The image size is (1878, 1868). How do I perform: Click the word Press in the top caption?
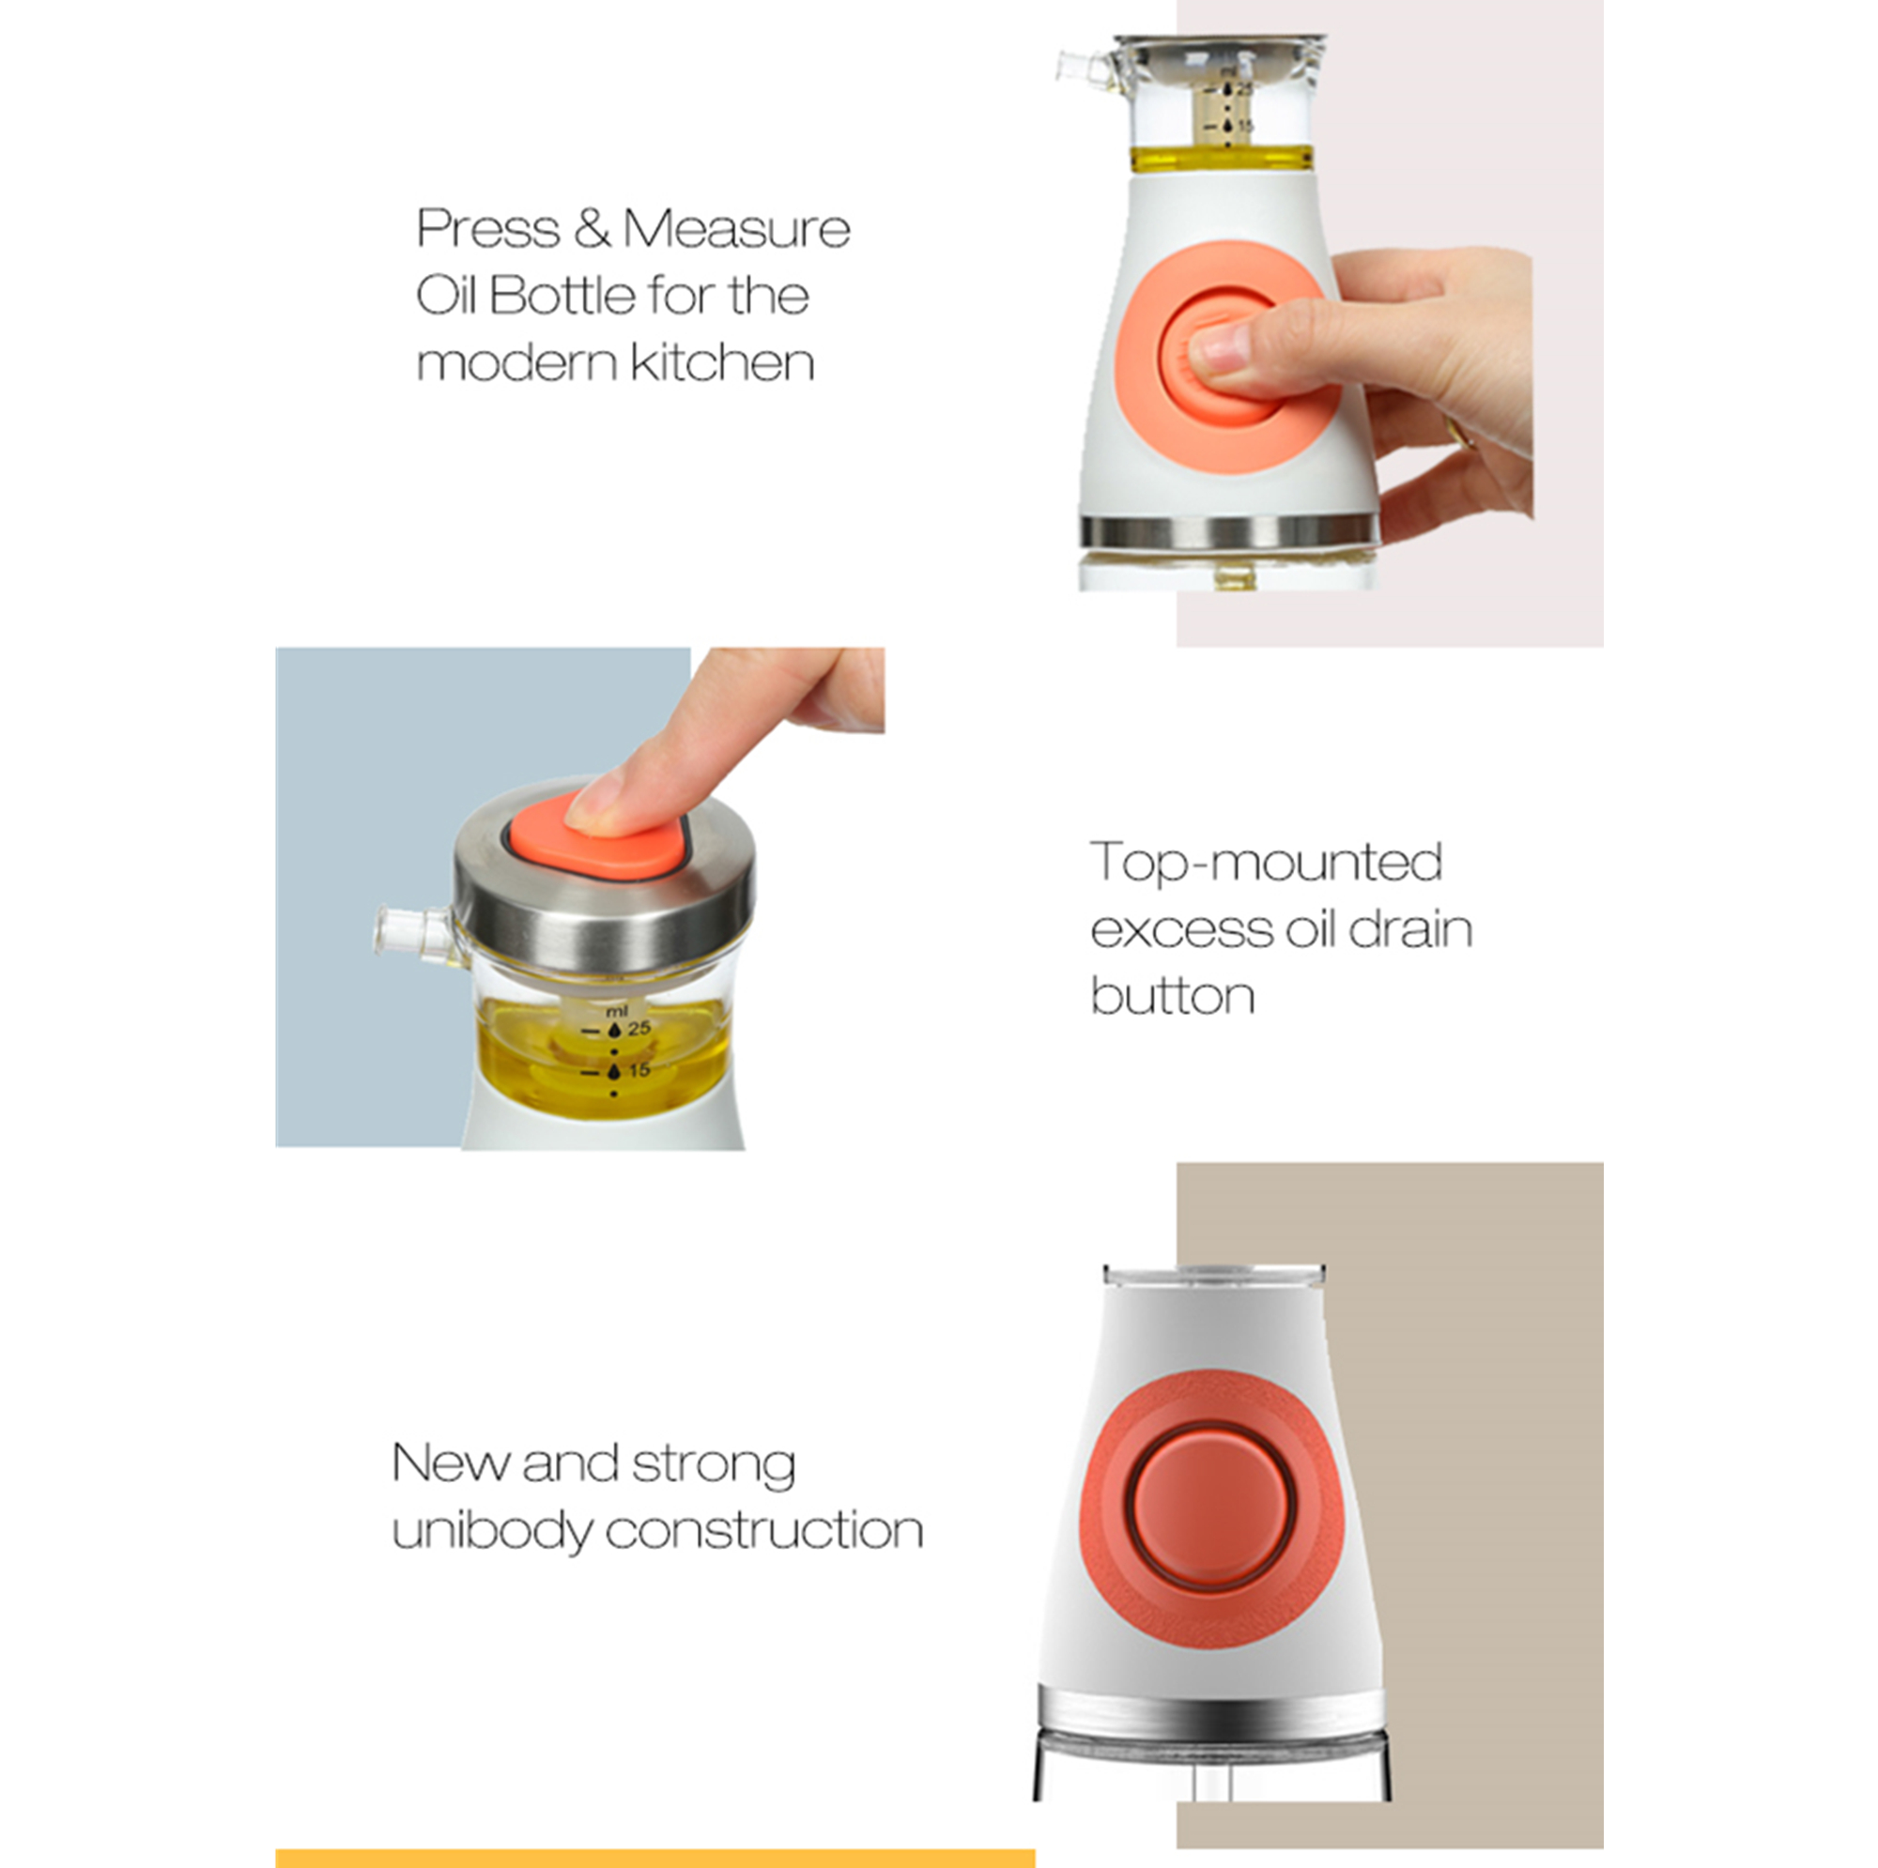(x=488, y=229)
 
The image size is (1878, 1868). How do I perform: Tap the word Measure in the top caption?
(x=736, y=229)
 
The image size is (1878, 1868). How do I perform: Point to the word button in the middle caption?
(x=1172, y=995)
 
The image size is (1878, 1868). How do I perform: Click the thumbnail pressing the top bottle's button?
(x=1219, y=349)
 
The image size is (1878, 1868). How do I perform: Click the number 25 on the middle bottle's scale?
(x=639, y=1028)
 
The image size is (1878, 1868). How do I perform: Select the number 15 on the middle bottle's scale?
(x=639, y=1070)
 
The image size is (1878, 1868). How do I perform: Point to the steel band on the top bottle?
(x=1228, y=530)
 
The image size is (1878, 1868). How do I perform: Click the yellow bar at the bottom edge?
(x=655, y=1859)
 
